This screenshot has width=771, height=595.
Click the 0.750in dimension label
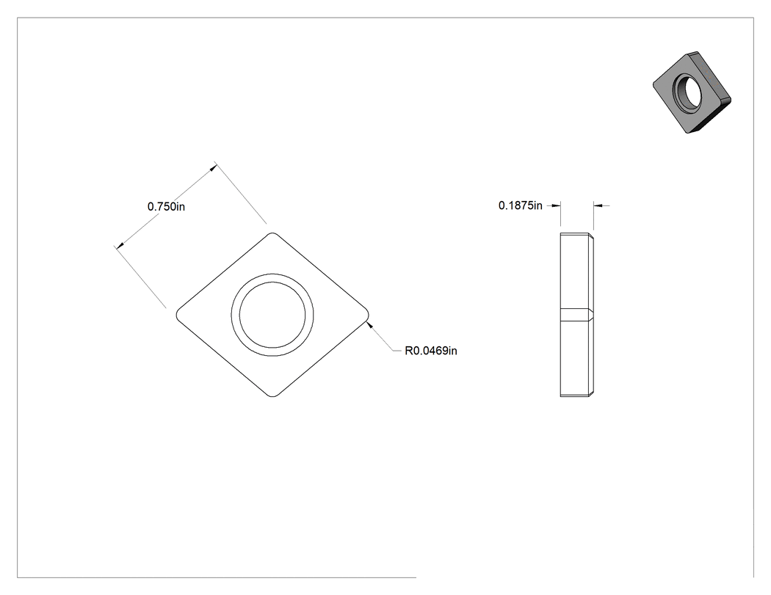coord(166,206)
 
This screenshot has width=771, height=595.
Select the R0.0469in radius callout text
coord(431,351)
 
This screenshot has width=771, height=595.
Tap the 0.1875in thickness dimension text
coord(520,205)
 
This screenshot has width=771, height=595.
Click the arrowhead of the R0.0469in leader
coord(371,325)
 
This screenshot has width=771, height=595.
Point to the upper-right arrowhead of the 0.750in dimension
coord(212,168)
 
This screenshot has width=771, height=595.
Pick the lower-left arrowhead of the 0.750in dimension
coord(119,244)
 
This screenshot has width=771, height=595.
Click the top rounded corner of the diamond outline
coord(272,233)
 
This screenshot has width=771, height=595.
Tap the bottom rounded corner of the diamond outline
coord(272,395)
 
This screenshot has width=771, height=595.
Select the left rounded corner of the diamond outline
coord(177,315)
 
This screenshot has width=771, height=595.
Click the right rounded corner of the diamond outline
coord(368,315)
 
